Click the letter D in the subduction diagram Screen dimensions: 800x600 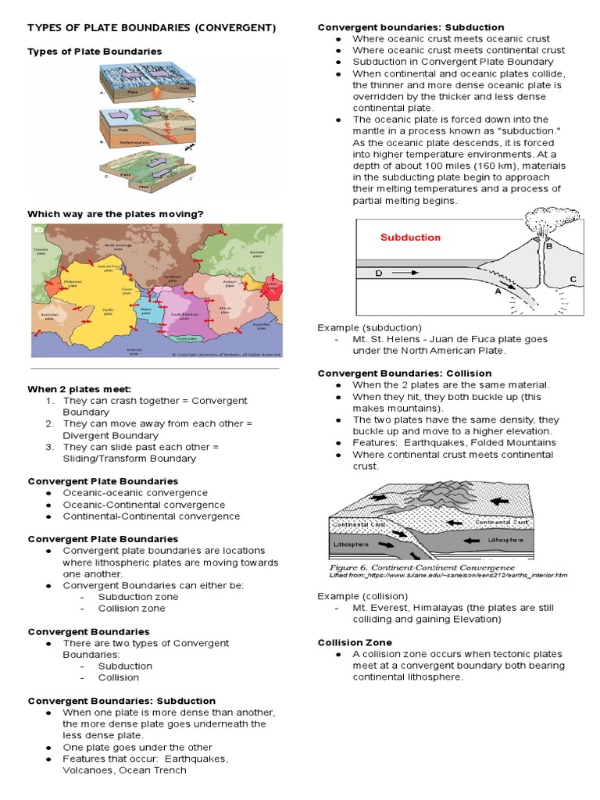379,273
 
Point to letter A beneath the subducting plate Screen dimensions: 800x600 497,291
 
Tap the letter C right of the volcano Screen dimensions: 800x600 573,279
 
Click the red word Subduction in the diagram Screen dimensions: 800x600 410,237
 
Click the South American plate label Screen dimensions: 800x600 182,315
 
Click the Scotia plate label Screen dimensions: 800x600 186,338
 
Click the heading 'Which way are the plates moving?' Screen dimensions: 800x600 116,213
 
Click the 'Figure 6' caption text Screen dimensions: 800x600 422,566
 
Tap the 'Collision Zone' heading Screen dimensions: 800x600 355,642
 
